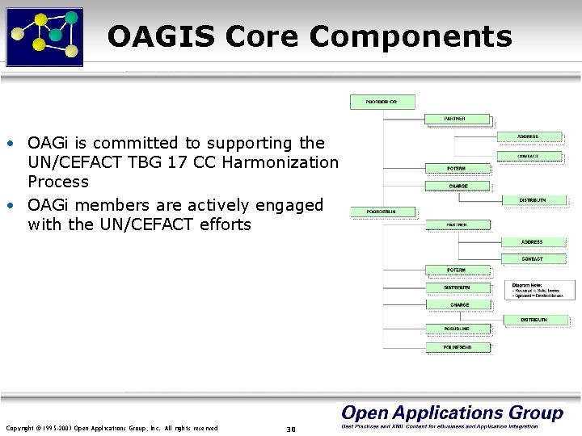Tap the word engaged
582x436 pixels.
pos(291,205)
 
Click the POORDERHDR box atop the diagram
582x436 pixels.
pos(382,102)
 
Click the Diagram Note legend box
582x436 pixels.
pos(540,290)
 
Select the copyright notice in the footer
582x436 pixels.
pos(112,428)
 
